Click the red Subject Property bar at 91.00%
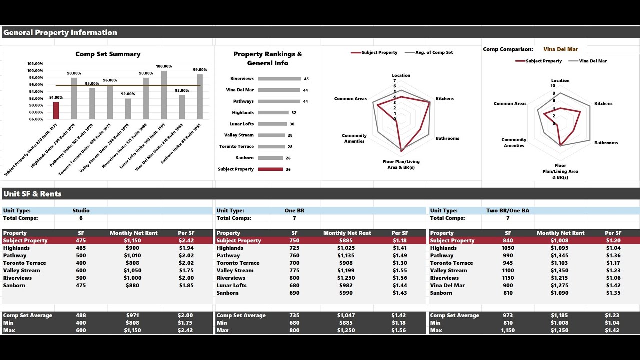point(56,110)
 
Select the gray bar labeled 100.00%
point(164,95)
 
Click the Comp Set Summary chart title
point(108,54)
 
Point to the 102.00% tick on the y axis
point(35,64)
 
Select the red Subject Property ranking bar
point(271,169)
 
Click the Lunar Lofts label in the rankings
point(242,124)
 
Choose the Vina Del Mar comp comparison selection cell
point(561,49)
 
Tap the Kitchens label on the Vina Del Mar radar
point(603,104)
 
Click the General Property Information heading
point(60,33)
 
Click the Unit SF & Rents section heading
point(32,194)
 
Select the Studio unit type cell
point(81,211)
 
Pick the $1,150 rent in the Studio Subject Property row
point(132,240)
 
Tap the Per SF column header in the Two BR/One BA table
point(613,233)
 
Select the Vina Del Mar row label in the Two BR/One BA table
point(447,285)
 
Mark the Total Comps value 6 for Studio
point(81,218)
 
